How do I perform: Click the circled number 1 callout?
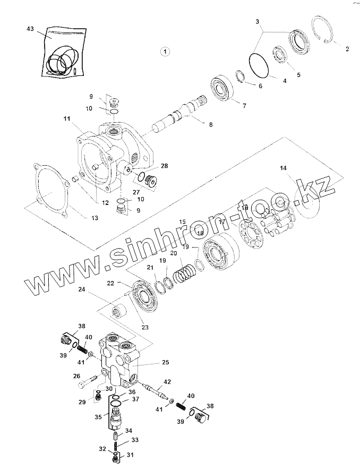tap(165, 52)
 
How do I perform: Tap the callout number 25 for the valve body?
tap(165, 363)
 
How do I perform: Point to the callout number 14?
tap(284, 168)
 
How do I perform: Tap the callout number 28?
tap(165, 166)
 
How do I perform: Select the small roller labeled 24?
tap(118, 310)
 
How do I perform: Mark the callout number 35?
tap(97, 417)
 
